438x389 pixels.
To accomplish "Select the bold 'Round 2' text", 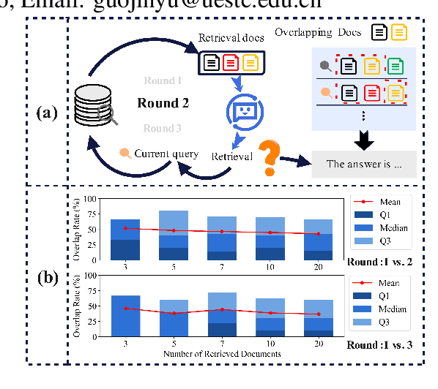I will (163, 103).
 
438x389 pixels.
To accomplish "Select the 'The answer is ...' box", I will (364, 164).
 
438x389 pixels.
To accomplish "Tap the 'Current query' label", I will (161, 153).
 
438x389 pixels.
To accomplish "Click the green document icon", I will (396, 66).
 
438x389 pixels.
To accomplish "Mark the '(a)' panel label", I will (46, 113).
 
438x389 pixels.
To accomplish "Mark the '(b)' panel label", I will (46, 277).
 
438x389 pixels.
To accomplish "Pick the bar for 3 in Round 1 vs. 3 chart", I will (125, 316).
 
